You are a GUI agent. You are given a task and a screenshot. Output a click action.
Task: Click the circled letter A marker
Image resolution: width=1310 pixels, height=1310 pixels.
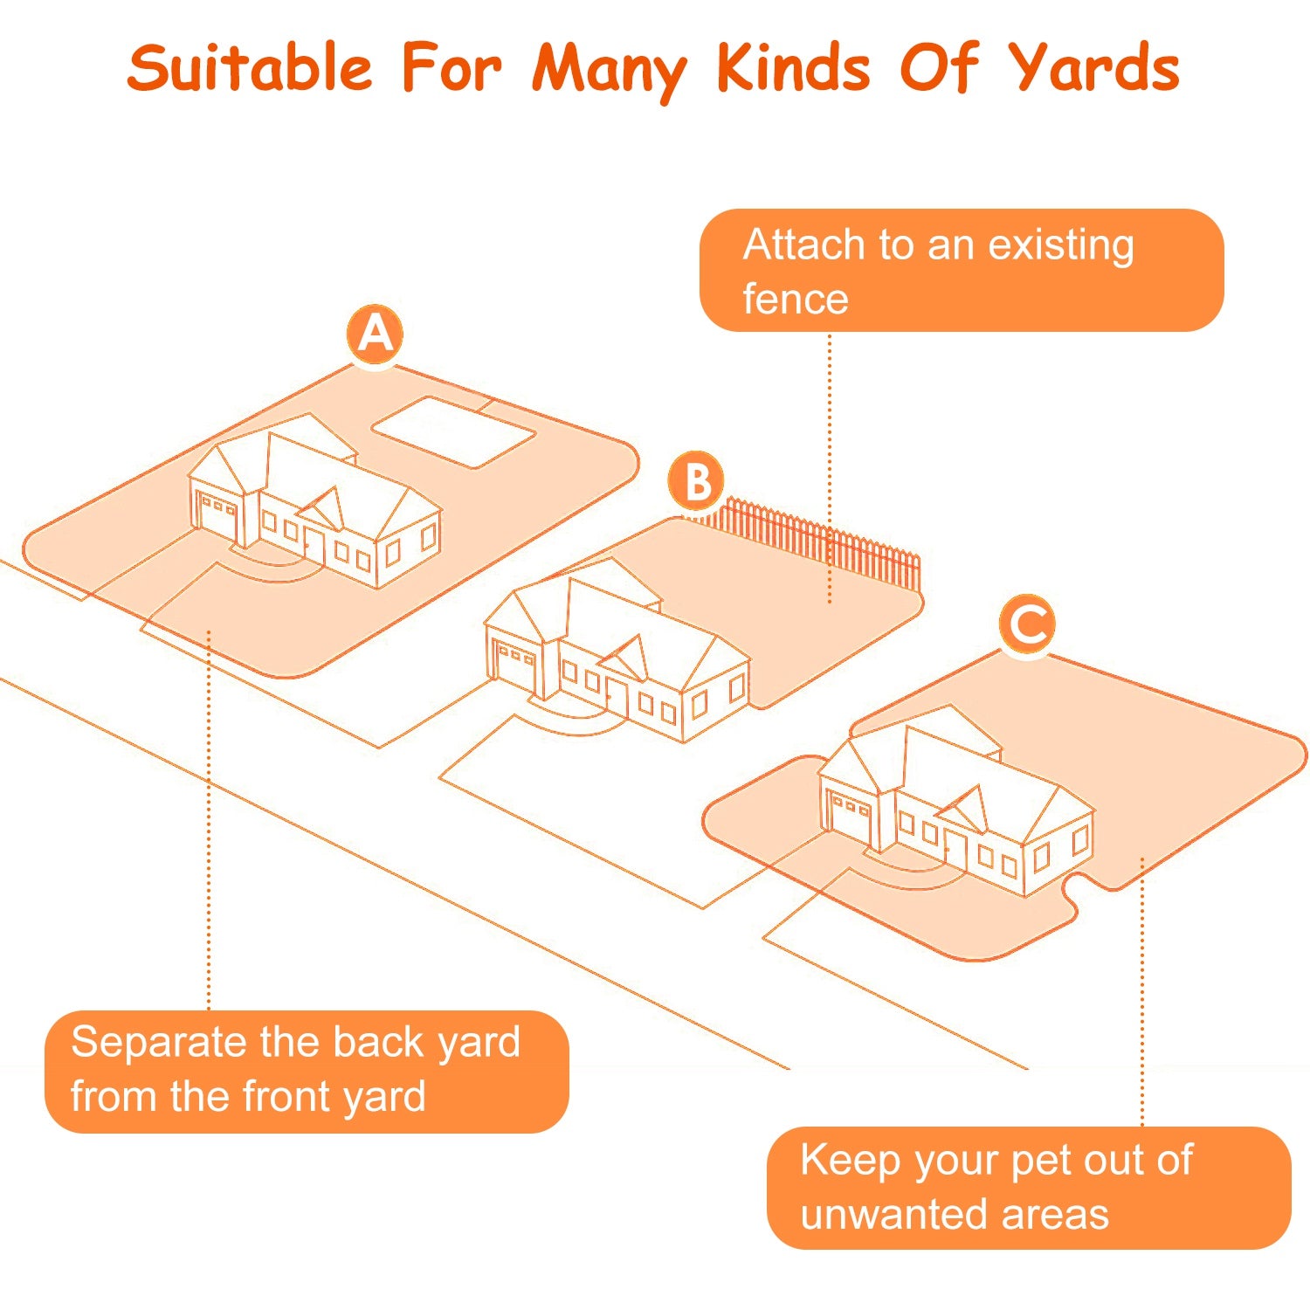[x=376, y=334]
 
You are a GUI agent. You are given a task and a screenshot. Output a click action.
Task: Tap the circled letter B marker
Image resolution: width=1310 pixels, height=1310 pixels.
[x=697, y=481]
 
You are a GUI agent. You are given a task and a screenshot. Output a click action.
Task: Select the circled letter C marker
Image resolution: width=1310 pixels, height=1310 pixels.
[x=1028, y=624]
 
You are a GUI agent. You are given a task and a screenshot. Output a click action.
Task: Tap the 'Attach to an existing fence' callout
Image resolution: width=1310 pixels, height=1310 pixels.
[x=961, y=270]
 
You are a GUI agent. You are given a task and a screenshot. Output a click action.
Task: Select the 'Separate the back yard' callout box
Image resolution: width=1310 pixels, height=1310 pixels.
[x=306, y=1071]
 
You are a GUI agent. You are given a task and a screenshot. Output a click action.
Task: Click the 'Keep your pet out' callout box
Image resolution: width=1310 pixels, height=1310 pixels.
[x=1028, y=1187]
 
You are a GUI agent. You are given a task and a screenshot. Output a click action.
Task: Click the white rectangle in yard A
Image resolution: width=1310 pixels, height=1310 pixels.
[x=453, y=432]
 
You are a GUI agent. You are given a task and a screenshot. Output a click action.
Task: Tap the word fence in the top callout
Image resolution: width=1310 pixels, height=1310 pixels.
[x=795, y=300]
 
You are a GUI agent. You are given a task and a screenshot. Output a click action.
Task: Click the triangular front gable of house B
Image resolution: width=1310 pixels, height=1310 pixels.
[x=627, y=657]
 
